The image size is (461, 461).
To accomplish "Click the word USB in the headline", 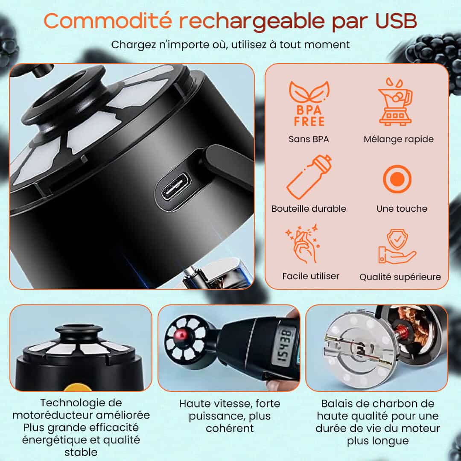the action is pyautogui.click(x=396, y=21).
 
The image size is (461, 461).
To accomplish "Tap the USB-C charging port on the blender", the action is pyautogui.click(x=175, y=187).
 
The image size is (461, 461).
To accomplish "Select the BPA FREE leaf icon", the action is pyautogui.click(x=309, y=103).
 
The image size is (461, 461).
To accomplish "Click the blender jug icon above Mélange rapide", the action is pyautogui.click(x=396, y=102).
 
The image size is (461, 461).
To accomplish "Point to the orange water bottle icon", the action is pyautogui.click(x=309, y=177).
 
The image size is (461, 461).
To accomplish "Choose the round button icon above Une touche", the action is pyautogui.click(x=397, y=179).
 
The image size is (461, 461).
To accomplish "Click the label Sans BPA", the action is pyautogui.click(x=309, y=139).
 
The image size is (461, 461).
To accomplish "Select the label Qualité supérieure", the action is pyautogui.click(x=400, y=277).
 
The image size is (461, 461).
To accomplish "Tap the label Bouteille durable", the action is pyautogui.click(x=309, y=208).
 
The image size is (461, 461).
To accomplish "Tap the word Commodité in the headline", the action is pyautogui.click(x=108, y=21).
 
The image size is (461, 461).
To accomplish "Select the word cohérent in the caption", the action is pyautogui.click(x=230, y=428).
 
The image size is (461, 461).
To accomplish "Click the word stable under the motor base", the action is pyautogui.click(x=81, y=452).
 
